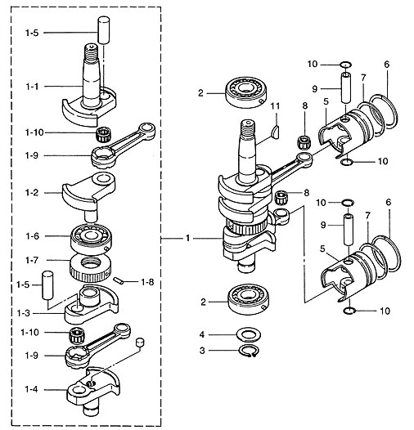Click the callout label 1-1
click(x=32, y=87)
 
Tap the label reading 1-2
click(x=32, y=193)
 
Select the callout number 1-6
click(x=33, y=235)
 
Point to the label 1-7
click(x=32, y=260)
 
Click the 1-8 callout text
click(x=147, y=282)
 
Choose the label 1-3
click(x=24, y=313)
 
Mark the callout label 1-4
click(x=31, y=389)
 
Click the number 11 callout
click(x=275, y=105)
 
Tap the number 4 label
click(x=202, y=334)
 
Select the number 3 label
click(x=202, y=351)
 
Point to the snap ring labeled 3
click(x=248, y=351)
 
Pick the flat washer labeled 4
click(x=249, y=334)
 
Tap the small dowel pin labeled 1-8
click(x=118, y=281)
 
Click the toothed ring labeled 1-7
click(x=91, y=268)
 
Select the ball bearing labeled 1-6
click(x=91, y=238)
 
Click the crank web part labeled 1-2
click(x=88, y=195)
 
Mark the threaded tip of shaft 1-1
click(x=91, y=53)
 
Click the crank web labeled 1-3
click(x=92, y=304)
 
